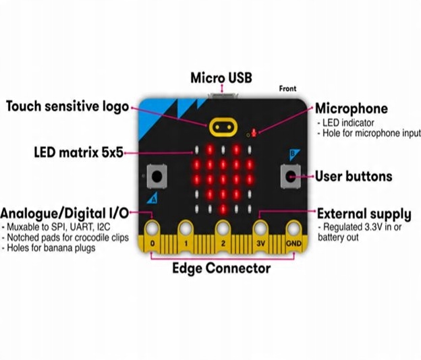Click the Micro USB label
(x=221, y=78)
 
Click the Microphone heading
(x=352, y=109)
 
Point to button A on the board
(x=157, y=177)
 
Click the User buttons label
(x=354, y=177)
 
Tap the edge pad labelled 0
(x=153, y=232)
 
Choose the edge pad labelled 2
(x=223, y=232)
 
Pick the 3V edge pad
(x=260, y=232)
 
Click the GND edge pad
(x=293, y=232)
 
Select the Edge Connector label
(x=221, y=268)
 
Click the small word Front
(x=287, y=88)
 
